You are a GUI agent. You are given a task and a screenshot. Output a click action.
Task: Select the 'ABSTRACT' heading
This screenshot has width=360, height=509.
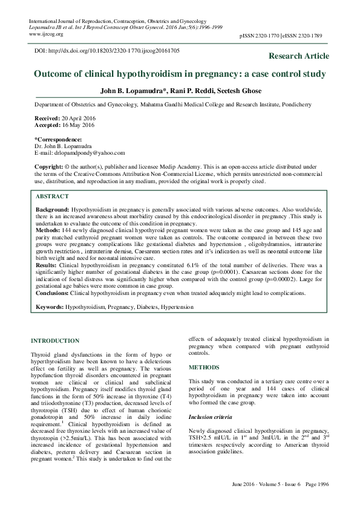coord(53,197)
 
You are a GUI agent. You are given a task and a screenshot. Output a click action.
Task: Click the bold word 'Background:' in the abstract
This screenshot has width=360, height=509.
coord(53,209)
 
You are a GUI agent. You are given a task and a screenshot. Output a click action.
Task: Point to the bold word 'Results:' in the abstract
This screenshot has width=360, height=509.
coord(46,265)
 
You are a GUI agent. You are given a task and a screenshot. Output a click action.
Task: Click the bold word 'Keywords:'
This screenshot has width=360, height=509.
coord(50,307)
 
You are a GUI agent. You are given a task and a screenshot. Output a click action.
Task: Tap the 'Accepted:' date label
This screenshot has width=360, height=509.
coord(48,125)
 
